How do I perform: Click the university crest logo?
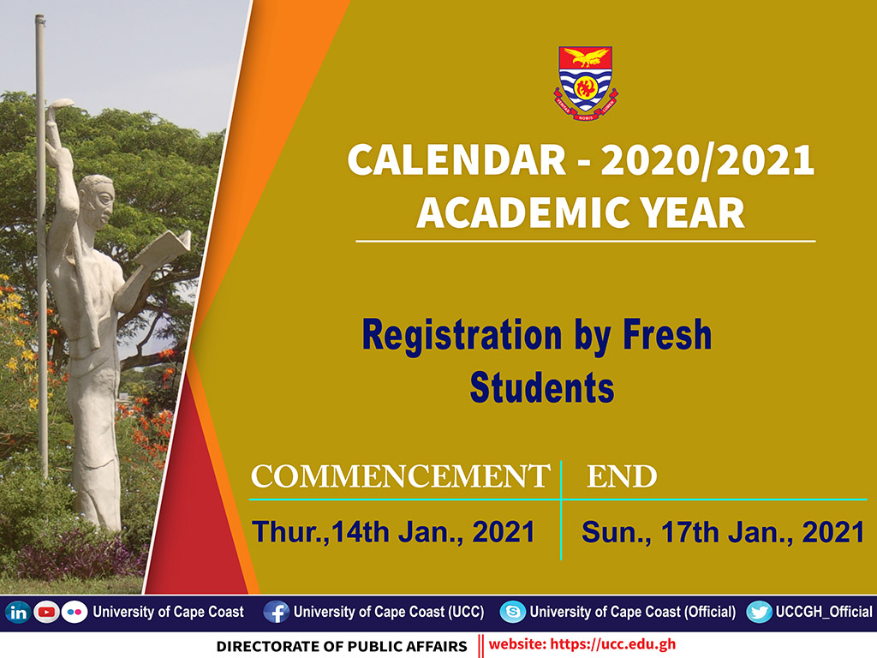tap(585, 81)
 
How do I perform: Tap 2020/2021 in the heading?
tap(707, 162)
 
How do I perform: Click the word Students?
tap(542, 388)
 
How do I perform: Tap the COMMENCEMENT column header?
tap(399, 477)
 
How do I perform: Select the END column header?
tap(622, 477)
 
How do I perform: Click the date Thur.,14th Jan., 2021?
tap(393, 532)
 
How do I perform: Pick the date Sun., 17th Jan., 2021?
tap(722, 532)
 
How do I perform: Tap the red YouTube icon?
tap(45, 613)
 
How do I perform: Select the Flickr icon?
tap(75, 613)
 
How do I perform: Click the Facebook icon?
tap(276, 613)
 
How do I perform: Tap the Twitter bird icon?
tap(759, 613)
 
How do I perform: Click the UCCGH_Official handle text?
tap(823, 613)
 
